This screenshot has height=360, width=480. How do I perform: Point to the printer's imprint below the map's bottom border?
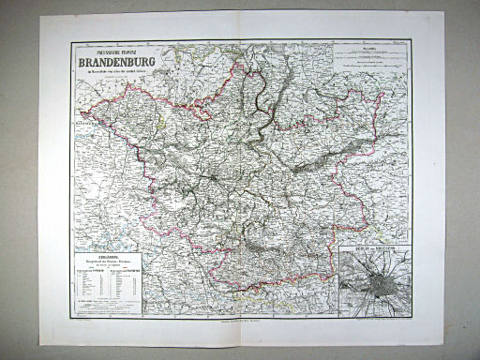[x=241, y=322]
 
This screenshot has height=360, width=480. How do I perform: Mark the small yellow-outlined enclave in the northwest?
[x=165, y=116]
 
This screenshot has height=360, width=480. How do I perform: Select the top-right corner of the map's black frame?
[x=413, y=39]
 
